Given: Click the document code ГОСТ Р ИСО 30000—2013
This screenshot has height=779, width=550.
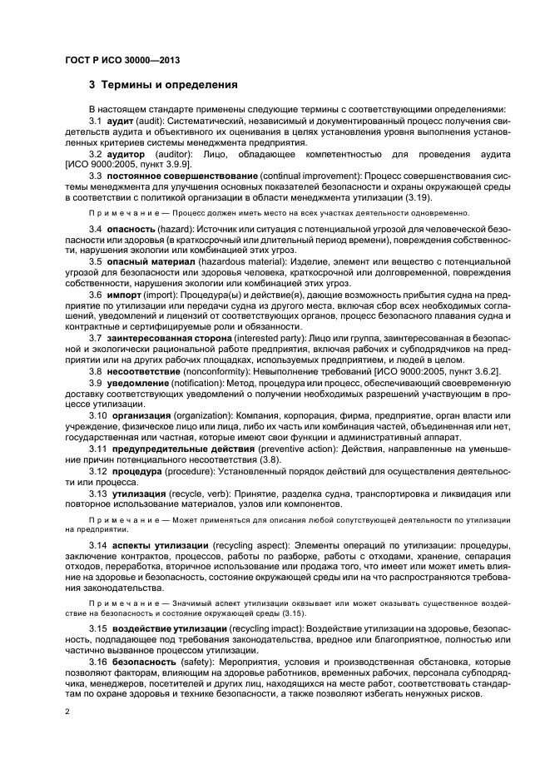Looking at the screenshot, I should click(x=123, y=60).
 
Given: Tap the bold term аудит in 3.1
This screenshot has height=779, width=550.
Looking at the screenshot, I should click(x=121, y=122).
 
